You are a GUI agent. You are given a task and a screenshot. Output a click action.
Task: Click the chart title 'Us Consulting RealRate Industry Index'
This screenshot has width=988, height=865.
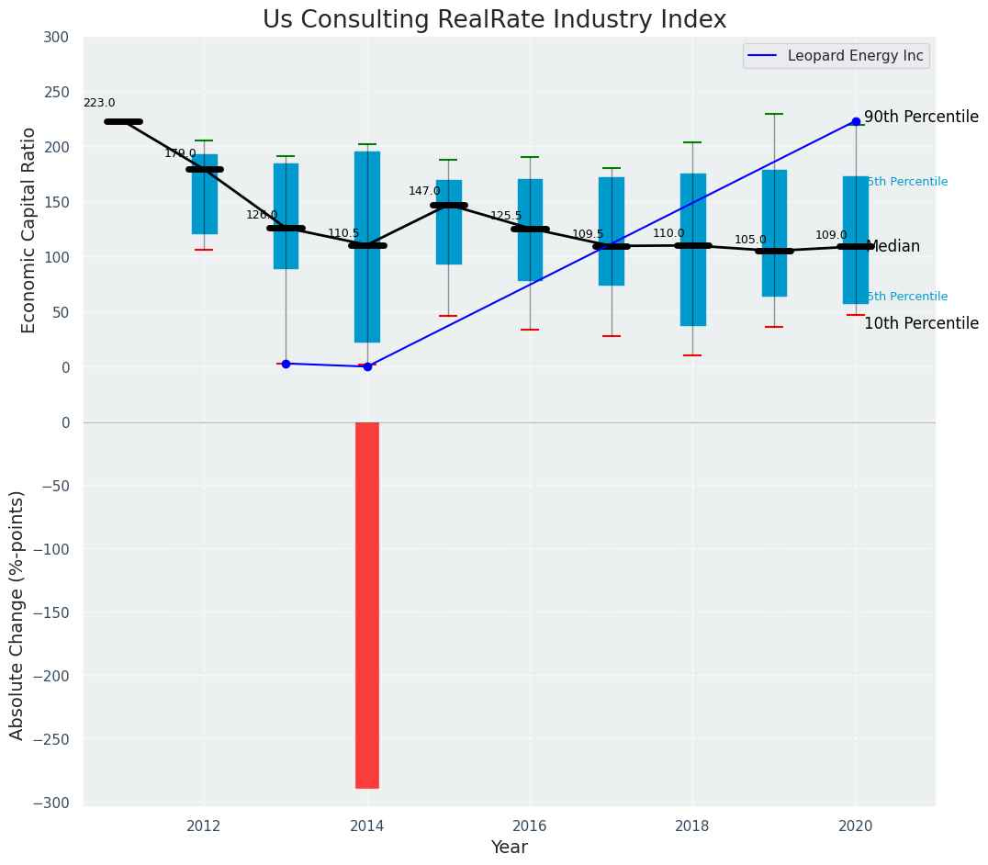coord(494,20)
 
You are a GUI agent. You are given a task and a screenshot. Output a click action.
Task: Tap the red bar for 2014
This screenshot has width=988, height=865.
coord(367,605)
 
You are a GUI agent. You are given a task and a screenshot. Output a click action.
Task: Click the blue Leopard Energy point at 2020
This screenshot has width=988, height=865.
coord(856,121)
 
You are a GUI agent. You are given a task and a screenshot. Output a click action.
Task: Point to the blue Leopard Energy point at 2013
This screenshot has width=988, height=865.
coord(286,364)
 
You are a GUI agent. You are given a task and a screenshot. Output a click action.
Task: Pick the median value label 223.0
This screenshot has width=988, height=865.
coord(99,104)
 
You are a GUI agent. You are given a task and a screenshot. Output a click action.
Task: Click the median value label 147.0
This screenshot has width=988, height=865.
coord(424,191)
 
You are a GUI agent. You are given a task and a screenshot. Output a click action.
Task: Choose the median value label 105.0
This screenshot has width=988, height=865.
coord(750,241)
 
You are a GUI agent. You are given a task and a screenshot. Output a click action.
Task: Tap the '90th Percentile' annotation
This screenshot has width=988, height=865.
coord(921,118)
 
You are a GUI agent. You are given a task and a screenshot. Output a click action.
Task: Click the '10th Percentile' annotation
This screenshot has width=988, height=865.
coord(921,323)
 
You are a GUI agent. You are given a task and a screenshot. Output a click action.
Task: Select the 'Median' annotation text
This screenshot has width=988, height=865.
coord(893,247)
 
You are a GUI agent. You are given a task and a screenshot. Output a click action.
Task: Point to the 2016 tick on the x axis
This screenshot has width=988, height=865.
coord(530,826)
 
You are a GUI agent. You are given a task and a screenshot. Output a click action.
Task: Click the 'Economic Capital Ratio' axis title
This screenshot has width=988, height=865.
coord(29,230)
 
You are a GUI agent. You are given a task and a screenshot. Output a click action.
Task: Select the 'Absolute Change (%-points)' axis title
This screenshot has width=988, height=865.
coord(17,614)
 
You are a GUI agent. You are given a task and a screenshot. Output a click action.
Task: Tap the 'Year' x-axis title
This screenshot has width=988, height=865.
coord(509,848)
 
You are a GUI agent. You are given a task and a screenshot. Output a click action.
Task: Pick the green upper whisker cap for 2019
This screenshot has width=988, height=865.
coord(774,114)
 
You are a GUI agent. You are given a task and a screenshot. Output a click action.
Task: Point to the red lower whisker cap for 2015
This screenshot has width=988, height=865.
coord(448,316)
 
